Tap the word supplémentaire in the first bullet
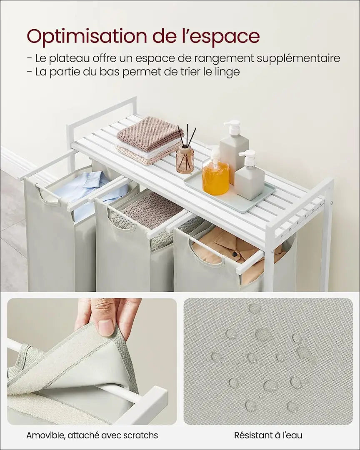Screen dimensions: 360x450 (x=298, y=59)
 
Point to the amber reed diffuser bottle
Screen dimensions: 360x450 (x=185, y=159)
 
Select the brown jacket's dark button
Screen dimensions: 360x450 (x=235, y=254)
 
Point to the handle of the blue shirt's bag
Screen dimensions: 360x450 (x=48, y=196)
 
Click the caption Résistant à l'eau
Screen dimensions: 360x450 (x=268, y=435)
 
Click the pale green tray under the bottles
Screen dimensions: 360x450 (x=230, y=195)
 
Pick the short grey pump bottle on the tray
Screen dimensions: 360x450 (x=249, y=175)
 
